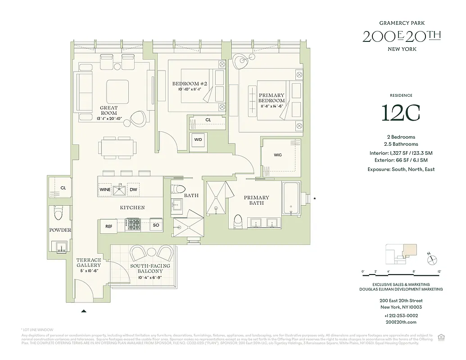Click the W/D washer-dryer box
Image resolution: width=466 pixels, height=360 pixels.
(198, 139)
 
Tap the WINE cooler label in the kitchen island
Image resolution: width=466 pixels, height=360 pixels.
(105, 190)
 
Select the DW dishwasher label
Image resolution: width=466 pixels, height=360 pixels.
(134, 190)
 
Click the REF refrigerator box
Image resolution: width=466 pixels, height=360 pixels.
(109, 226)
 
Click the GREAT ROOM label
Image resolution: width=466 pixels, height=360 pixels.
(109, 111)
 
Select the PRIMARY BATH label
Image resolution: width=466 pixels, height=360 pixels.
(256, 200)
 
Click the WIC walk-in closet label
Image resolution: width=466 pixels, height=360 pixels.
(278, 155)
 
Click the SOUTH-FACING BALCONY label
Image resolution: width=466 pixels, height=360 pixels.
(150, 269)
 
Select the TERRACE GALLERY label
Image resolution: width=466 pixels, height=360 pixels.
(88, 265)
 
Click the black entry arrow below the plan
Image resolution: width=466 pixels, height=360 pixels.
(83, 310)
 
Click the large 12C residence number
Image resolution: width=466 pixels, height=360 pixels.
(401, 113)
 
